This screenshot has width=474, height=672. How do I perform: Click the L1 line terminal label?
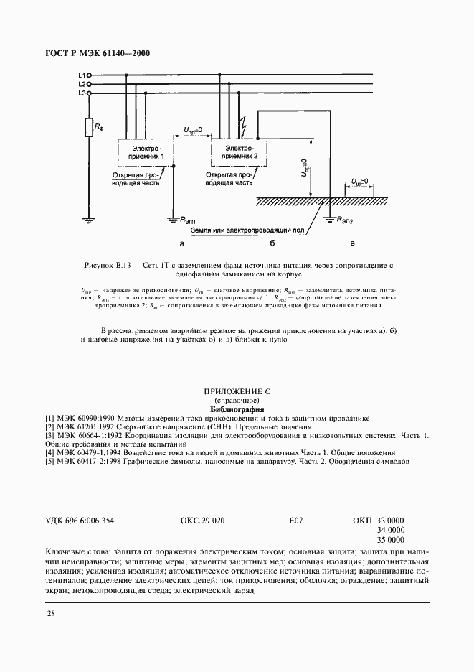click(x=81, y=75)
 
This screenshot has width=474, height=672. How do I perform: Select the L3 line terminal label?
click(x=81, y=93)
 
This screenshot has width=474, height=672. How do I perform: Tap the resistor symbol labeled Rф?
click(x=87, y=128)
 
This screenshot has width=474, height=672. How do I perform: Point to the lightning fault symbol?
click(x=244, y=129)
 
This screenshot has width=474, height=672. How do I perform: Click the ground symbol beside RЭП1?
click(x=172, y=218)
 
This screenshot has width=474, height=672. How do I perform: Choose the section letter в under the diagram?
click(x=351, y=245)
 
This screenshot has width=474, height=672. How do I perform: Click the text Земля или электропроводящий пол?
click(x=257, y=232)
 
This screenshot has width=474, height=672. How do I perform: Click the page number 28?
click(x=51, y=613)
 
